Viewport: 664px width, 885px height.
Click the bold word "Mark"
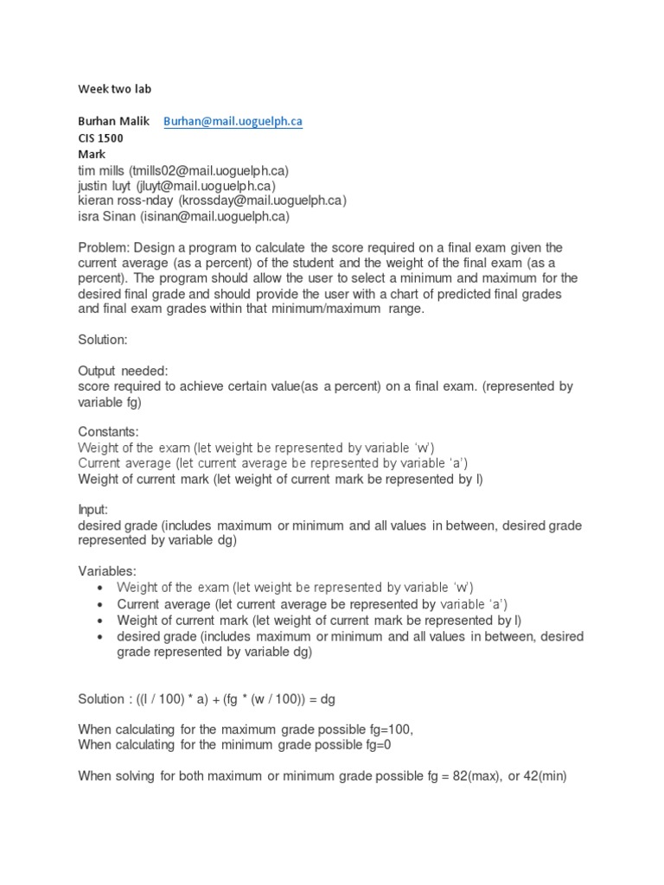pos(92,154)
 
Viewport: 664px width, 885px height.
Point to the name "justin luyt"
pos(105,185)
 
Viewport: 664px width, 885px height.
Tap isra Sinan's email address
pos(214,216)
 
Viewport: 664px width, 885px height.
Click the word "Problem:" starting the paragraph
pos(104,247)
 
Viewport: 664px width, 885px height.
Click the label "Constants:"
pos(108,431)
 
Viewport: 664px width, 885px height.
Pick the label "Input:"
pos(93,510)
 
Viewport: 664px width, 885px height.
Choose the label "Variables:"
pos(108,571)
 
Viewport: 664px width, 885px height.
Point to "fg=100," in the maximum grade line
pos(388,729)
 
